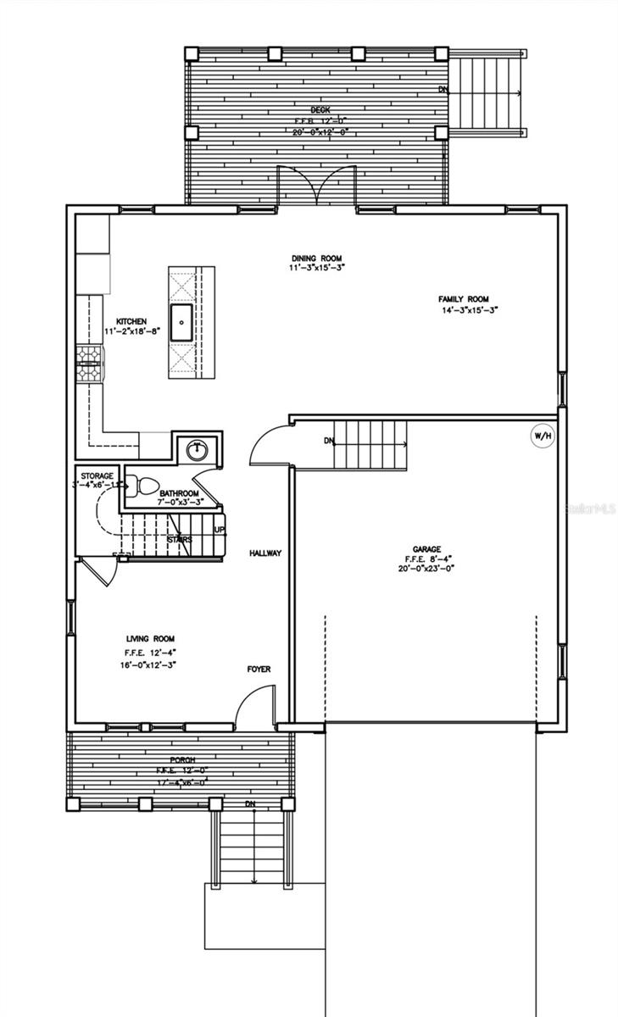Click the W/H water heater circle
541,436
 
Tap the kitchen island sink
181,322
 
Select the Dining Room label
317,258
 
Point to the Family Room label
464,299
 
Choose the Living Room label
151,639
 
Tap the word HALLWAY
265,553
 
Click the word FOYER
259,670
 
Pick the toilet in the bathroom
146,486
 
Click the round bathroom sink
198,449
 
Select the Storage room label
97,477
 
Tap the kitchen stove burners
88,364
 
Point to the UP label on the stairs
220,530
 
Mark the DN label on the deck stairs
443,89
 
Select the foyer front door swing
254,706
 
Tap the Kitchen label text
132,321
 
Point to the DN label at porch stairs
250,803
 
